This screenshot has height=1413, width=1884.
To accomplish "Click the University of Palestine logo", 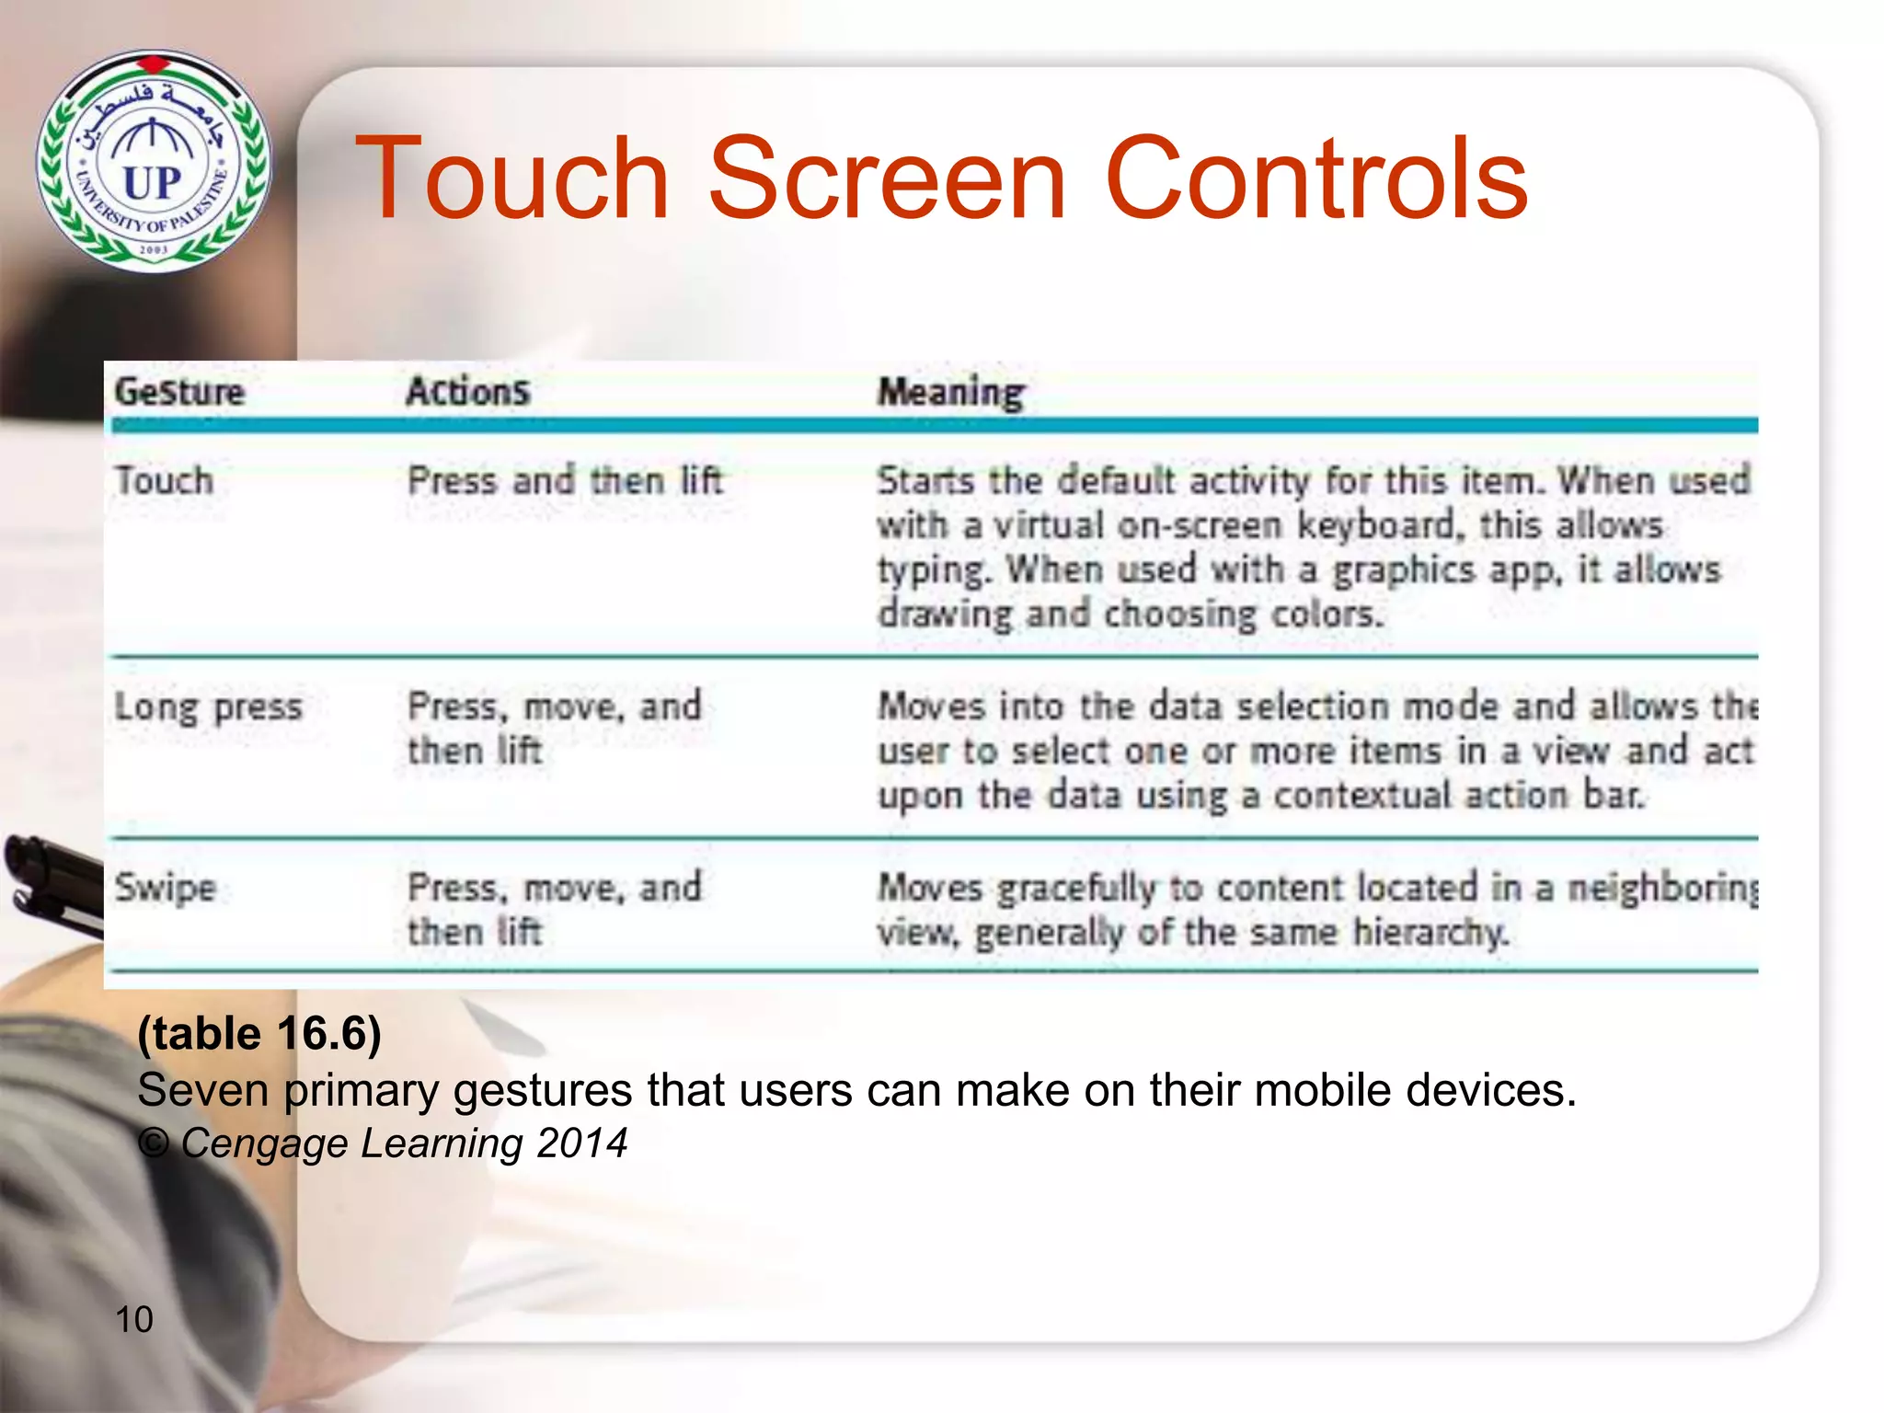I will tap(154, 162).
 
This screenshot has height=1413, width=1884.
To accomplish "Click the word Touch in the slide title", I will tap(511, 178).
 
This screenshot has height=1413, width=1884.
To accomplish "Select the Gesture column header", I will tap(180, 392).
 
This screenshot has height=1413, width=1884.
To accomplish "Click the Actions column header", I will tap(468, 392).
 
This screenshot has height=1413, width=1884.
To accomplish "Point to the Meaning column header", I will tap(950, 393).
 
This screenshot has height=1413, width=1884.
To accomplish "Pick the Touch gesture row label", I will tap(165, 481).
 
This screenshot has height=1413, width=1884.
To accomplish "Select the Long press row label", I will tap(209, 708).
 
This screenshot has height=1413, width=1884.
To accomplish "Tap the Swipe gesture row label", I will tap(166, 889).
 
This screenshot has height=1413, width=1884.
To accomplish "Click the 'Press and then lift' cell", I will tap(565, 481).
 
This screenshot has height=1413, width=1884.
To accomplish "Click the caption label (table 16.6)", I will tap(259, 1033).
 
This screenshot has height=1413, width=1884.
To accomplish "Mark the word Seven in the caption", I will tap(203, 1090).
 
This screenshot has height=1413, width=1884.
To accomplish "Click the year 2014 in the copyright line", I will tap(581, 1143).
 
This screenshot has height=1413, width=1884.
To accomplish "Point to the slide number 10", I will tap(134, 1319).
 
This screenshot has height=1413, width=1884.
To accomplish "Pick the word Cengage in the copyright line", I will tap(265, 1143).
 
